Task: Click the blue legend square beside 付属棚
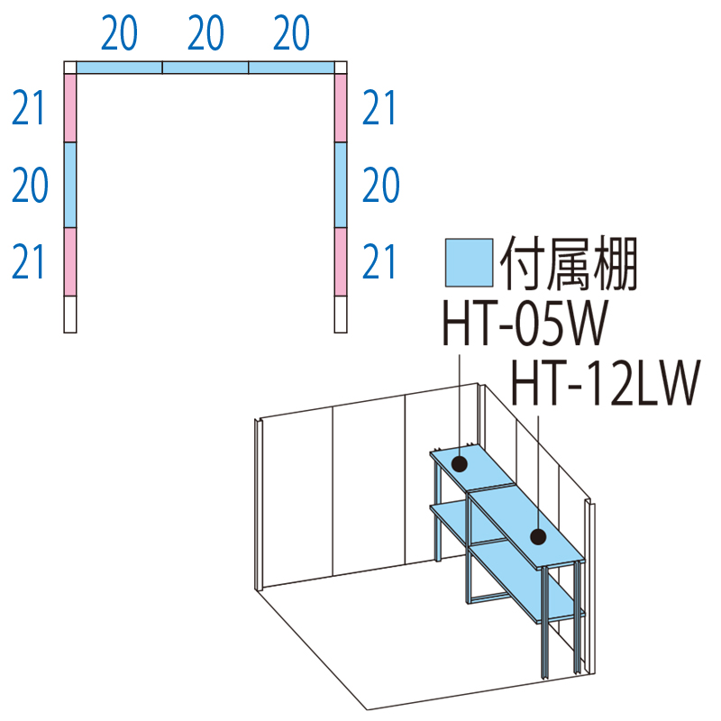click(x=470, y=264)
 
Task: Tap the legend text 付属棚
click(x=568, y=264)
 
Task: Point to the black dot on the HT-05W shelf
click(x=459, y=464)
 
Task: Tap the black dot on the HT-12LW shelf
click(x=538, y=538)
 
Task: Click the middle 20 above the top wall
click(x=205, y=34)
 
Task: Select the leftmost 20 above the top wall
click(x=119, y=34)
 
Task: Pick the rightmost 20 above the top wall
click(x=291, y=34)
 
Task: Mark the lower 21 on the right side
click(x=379, y=262)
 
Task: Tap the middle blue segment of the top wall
click(x=205, y=68)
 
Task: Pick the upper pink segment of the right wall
click(x=340, y=108)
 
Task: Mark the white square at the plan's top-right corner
click(x=340, y=68)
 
